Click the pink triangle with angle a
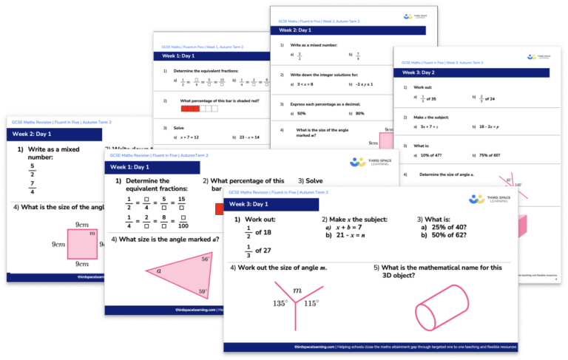point(175,275)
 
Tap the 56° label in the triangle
point(205,259)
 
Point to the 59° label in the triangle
point(203,293)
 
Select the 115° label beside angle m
point(311,303)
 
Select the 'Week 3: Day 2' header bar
point(473,73)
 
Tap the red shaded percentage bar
point(195,109)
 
